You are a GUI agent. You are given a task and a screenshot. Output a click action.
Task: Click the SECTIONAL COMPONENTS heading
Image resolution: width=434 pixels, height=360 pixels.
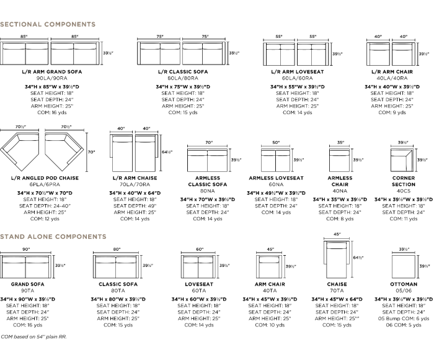click(48, 24)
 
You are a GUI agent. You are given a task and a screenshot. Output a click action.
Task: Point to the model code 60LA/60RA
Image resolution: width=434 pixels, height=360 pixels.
click(296, 79)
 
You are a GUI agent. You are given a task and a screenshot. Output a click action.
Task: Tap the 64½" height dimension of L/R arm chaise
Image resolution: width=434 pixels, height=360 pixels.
click(166, 151)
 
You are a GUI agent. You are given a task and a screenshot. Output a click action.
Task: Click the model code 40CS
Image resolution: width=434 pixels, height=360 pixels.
click(404, 191)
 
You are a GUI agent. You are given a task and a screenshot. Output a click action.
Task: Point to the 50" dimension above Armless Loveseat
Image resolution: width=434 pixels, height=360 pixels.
click(275, 143)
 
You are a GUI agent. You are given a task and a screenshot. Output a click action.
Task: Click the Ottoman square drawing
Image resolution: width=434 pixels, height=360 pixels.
click(404, 266)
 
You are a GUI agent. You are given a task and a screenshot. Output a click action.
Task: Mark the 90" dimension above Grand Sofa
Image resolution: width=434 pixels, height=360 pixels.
click(27, 250)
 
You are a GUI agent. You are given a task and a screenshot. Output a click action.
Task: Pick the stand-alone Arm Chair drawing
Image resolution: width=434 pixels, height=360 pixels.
click(270, 266)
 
